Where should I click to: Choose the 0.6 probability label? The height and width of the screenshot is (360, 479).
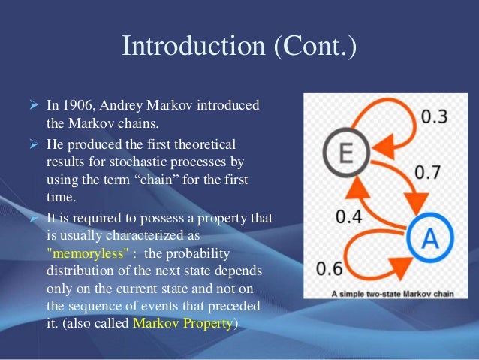[330, 268]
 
